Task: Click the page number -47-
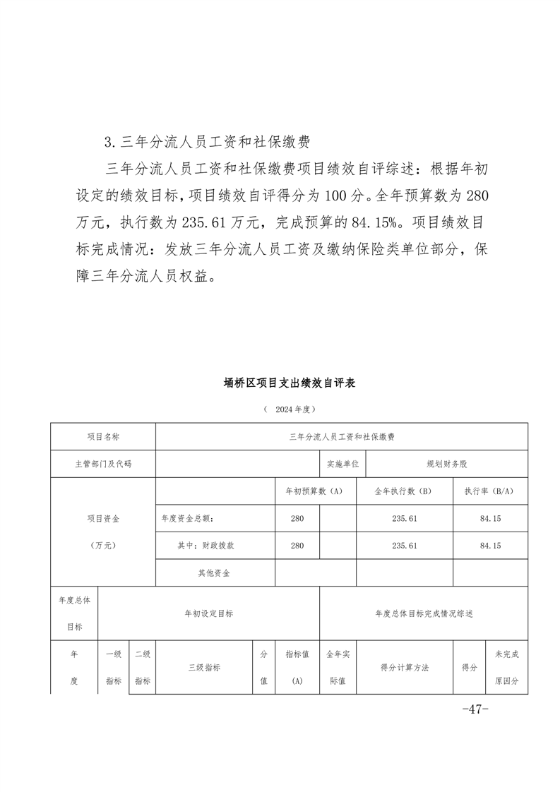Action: (x=475, y=709)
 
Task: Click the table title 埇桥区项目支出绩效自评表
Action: (x=289, y=383)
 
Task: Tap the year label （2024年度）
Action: (x=289, y=409)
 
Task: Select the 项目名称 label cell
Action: (x=103, y=437)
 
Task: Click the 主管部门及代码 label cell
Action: (x=103, y=464)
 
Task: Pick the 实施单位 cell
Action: (x=343, y=464)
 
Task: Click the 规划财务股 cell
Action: (x=447, y=464)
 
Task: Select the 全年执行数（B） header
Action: (x=404, y=491)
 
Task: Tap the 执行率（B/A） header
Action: (x=489, y=491)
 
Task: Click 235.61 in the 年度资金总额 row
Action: (x=404, y=519)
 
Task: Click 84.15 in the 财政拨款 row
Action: (x=489, y=546)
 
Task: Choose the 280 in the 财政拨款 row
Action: (x=297, y=546)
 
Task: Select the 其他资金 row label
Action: (x=214, y=573)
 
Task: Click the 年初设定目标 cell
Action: (x=208, y=613)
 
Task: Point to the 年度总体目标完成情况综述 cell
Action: (x=424, y=613)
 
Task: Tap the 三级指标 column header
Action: (x=204, y=667)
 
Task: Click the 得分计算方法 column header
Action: (x=405, y=667)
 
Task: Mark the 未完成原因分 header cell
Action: (x=507, y=668)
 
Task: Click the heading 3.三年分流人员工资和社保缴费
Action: (x=207, y=142)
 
